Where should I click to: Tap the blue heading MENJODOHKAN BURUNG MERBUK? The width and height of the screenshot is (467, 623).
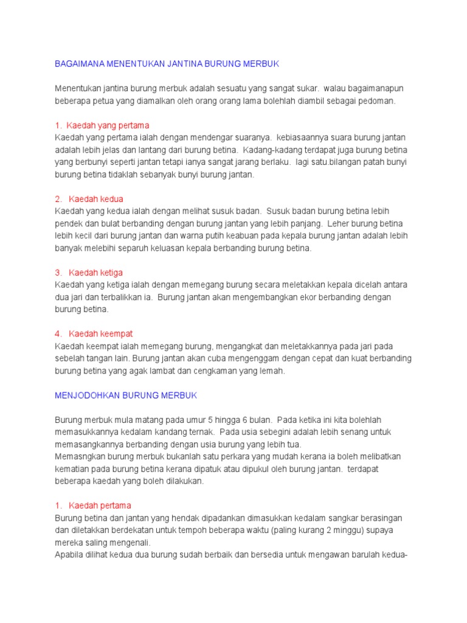click(126, 395)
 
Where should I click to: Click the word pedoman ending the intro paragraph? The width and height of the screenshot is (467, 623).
click(376, 100)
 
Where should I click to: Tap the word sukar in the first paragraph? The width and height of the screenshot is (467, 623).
click(306, 88)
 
